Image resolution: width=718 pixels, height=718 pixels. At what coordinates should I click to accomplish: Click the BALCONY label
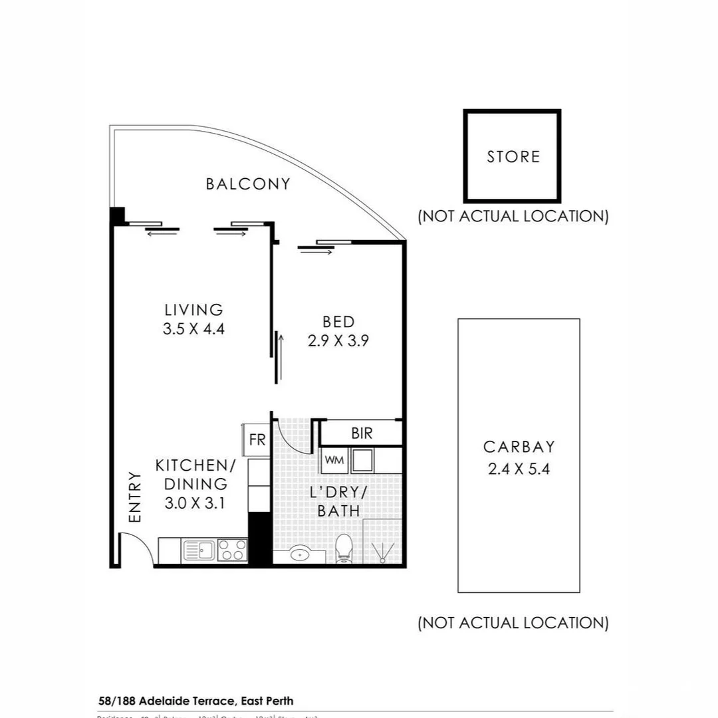coord(248,184)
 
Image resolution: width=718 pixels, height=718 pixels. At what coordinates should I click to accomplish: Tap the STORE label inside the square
coord(513,157)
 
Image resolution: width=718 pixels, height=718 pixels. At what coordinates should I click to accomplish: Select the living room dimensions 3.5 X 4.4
coord(193,328)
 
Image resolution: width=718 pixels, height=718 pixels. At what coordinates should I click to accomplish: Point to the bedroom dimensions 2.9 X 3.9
coord(338,341)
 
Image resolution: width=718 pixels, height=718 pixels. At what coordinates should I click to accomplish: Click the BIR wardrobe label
coord(362,433)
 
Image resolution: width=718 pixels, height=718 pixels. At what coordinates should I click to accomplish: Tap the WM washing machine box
coord(334,460)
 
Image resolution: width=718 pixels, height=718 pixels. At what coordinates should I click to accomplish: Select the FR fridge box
coord(257,440)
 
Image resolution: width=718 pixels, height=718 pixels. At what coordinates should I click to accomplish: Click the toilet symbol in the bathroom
coord(344,549)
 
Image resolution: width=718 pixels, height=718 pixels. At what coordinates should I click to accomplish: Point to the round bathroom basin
coord(300,553)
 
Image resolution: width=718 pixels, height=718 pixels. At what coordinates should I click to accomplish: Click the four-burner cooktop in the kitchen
coord(232,550)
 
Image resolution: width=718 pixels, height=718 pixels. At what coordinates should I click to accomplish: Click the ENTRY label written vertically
coord(135,497)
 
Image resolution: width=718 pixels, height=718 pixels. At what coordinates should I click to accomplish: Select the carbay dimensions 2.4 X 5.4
coord(519,469)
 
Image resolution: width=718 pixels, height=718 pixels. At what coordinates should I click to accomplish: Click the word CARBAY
coord(519,447)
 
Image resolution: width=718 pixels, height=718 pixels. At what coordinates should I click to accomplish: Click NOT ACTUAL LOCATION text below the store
coord(513,216)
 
